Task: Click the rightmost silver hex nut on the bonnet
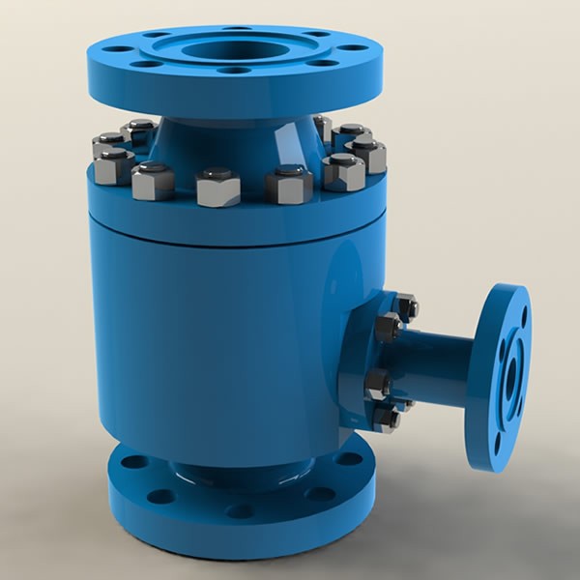tap(368, 155)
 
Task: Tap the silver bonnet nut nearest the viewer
tap(218, 186)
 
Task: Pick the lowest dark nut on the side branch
tap(387, 419)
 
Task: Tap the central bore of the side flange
tap(509, 376)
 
